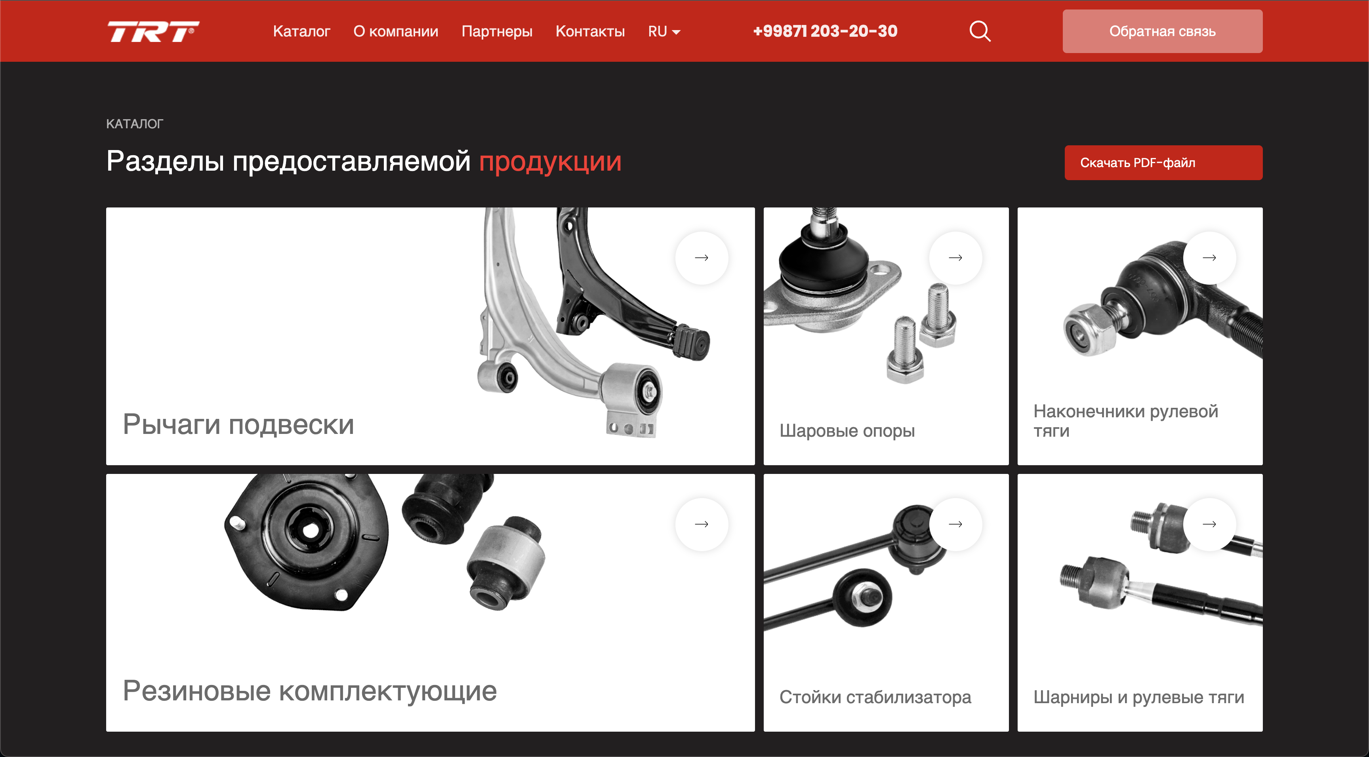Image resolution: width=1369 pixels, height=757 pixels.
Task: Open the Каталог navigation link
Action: point(301,31)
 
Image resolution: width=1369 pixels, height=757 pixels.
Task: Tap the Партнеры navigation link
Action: point(496,31)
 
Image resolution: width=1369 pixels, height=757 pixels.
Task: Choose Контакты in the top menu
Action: point(590,31)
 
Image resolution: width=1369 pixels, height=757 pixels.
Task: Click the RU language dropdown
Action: point(664,31)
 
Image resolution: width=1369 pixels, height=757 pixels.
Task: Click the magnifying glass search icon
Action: point(980,31)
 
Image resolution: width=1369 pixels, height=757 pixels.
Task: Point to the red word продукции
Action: point(550,161)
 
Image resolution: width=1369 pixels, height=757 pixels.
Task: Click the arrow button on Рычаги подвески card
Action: point(702,258)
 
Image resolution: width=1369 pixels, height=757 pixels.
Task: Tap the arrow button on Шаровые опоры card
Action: point(955,258)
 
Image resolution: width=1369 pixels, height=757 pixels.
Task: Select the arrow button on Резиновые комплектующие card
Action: point(702,524)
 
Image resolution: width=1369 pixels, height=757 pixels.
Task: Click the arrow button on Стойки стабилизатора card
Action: point(955,524)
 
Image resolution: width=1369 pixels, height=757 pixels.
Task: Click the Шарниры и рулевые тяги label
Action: point(1138,697)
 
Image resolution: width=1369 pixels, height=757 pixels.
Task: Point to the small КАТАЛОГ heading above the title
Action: point(134,124)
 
